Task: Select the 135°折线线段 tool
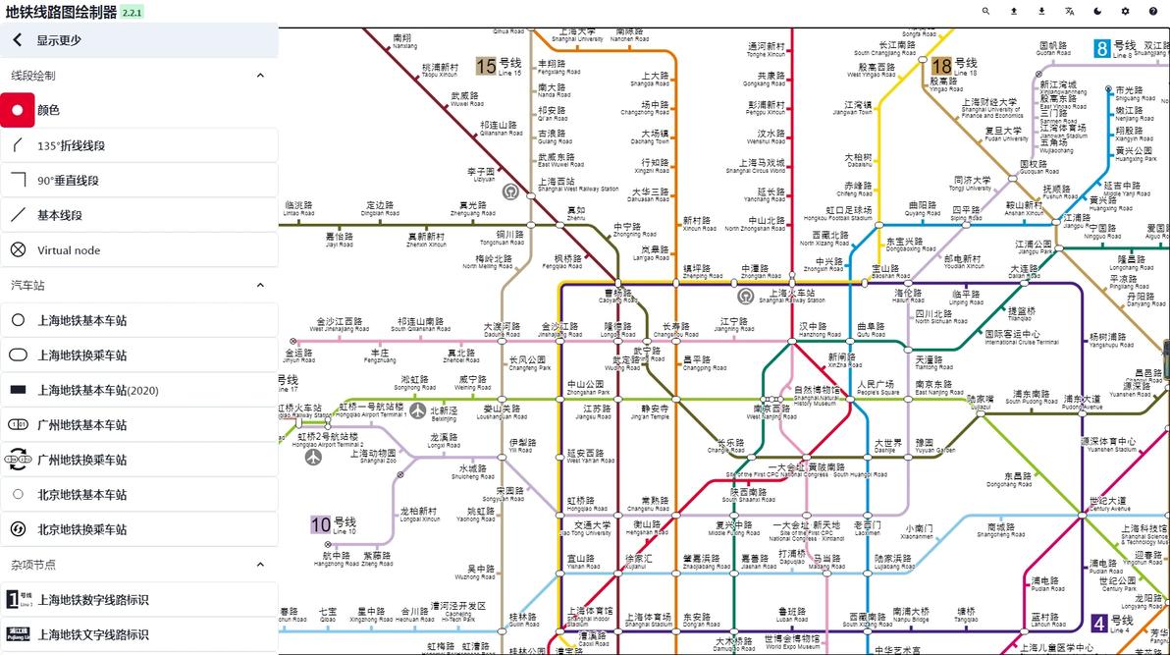[x=71, y=145]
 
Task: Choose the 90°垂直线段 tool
[x=68, y=181]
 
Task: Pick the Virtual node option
[x=69, y=250]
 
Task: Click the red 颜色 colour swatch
[x=18, y=110]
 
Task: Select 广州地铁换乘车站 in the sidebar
[x=81, y=460]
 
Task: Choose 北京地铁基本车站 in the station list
[x=81, y=495]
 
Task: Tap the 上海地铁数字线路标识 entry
[x=93, y=600]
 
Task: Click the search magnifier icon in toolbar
[x=985, y=12]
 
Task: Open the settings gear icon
[x=1125, y=12]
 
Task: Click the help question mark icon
[x=1152, y=12]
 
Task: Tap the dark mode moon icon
[x=1097, y=12]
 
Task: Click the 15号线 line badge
[x=499, y=66]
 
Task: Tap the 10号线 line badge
[x=334, y=524]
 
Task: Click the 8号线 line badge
[x=1115, y=48]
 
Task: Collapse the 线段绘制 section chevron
[x=260, y=76]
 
